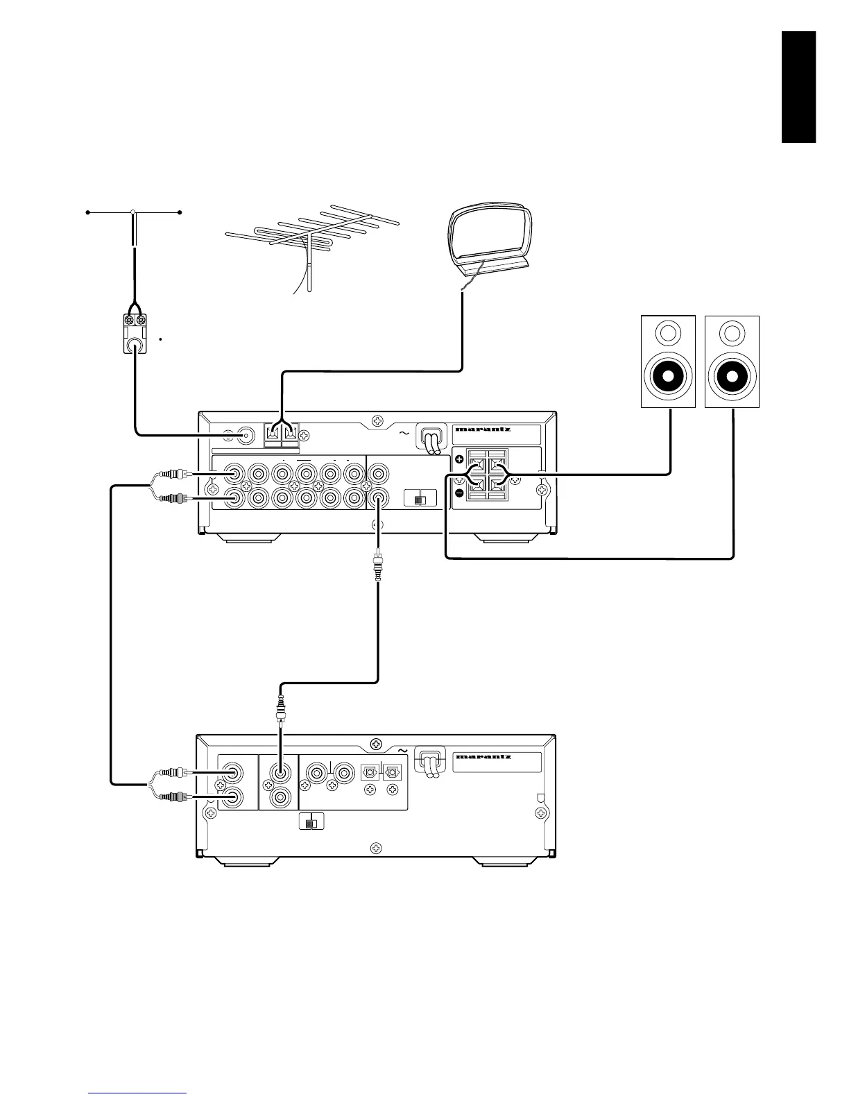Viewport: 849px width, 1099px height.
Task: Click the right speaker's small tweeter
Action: tap(732, 334)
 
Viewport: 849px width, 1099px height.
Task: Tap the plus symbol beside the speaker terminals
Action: tap(458, 459)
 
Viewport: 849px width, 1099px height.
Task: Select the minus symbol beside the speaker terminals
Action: tap(458, 493)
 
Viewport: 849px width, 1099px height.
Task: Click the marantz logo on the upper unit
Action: tap(483, 429)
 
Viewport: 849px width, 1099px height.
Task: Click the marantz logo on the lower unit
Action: tap(483, 756)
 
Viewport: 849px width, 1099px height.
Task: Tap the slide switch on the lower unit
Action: tap(311, 823)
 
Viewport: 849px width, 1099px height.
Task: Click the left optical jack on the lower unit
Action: tap(369, 772)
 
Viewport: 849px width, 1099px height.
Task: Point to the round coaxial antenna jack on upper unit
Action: tap(246, 436)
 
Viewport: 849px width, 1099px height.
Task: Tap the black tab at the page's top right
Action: tap(798, 87)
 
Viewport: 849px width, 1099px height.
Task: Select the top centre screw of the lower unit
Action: tap(375, 744)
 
